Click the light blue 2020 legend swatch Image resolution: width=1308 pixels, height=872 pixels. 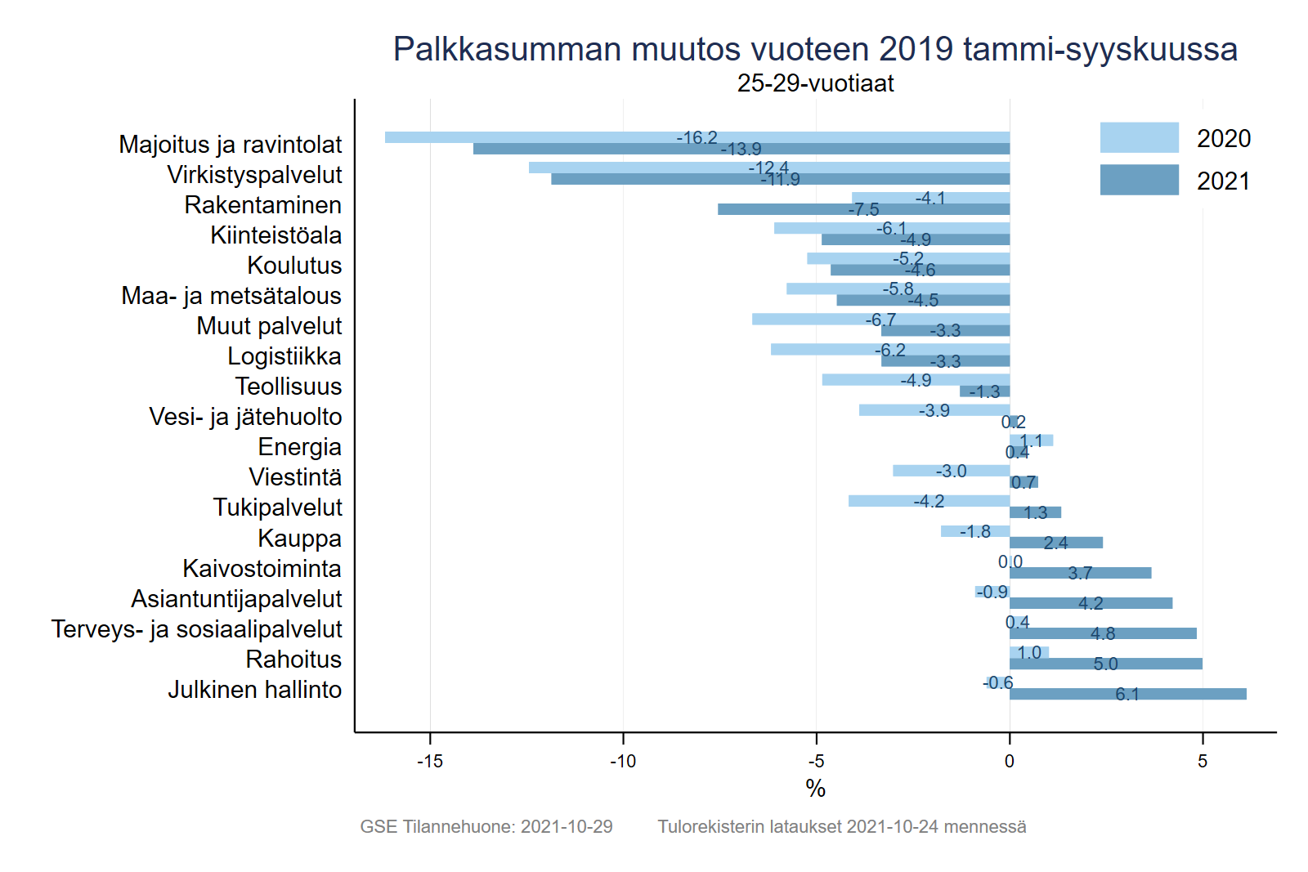click(1139, 137)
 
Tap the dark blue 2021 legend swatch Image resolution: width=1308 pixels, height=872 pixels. click(1139, 180)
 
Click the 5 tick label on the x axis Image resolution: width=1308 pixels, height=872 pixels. click(1202, 762)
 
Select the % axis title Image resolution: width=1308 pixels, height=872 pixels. click(815, 789)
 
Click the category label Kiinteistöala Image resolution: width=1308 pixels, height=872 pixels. click(275, 235)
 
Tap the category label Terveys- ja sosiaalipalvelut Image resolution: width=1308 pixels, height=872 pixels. click(196, 629)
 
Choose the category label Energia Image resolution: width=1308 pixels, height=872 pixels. click(299, 447)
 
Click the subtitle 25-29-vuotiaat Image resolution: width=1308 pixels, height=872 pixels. click(815, 83)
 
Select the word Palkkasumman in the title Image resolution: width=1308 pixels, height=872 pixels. click(507, 49)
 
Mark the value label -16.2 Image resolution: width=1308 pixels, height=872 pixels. click(697, 138)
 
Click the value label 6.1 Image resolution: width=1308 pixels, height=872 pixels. click(1127, 695)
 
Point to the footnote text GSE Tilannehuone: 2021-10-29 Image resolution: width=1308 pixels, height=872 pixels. click(486, 826)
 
